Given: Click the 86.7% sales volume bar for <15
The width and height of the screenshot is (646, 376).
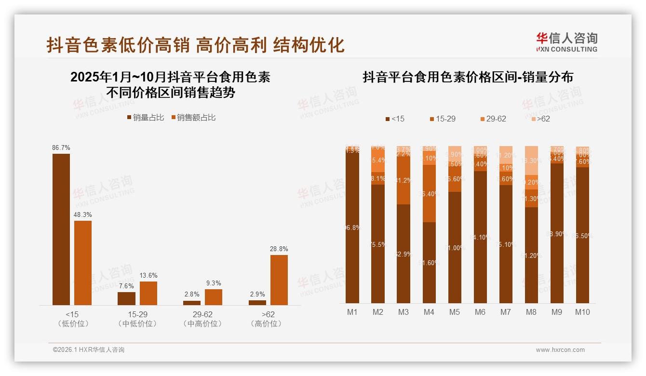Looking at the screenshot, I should [61, 229].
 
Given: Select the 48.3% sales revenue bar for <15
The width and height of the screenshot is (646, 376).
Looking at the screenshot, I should [83, 263].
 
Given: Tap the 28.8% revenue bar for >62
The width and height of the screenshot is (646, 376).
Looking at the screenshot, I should [279, 280].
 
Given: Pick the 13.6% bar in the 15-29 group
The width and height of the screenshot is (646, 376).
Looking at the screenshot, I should [148, 293].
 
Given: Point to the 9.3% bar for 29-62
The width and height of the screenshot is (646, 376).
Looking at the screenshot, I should [214, 297].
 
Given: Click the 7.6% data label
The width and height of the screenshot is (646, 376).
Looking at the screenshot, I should [126, 286].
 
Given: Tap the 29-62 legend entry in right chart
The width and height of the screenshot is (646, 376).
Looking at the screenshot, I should [493, 119].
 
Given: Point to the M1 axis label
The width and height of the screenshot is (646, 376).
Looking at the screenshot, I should [352, 312].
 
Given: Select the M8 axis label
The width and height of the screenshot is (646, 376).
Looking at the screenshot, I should [531, 312].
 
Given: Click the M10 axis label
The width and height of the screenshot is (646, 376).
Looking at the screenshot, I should [582, 312].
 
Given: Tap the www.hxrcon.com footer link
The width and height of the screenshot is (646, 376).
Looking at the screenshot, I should [560, 350].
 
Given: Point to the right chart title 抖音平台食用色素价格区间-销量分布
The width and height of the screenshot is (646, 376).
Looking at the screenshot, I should [468, 77].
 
